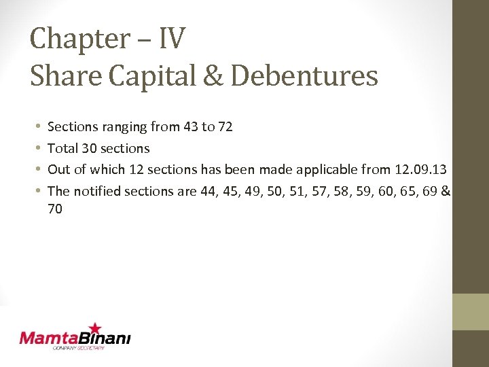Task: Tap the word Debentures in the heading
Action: [304, 75]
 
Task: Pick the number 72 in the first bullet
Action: [225, 126]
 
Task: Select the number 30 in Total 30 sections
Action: [89, 148]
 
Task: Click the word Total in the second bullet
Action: [62, 148]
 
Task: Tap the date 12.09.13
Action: [420, 169]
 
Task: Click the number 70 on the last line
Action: [55, 209]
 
